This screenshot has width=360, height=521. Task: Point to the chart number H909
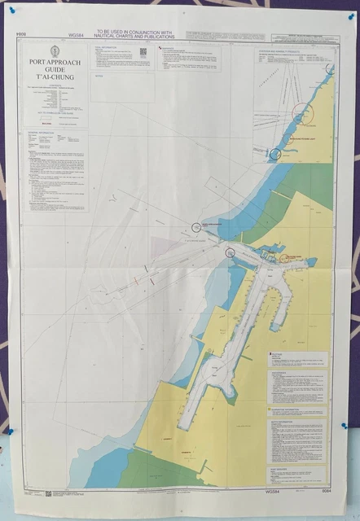click(x=21, y=34)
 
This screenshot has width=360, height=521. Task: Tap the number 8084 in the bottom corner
click(x=325, y=492)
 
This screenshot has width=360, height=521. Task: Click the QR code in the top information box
click(x=143, y=51)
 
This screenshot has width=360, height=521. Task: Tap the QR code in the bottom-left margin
click(x=49, y=493)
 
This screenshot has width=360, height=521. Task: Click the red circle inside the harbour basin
click(x=284, y=258)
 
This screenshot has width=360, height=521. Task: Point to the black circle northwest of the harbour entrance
click(x=195, y=226)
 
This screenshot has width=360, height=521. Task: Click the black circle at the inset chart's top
click(x=328, y=69)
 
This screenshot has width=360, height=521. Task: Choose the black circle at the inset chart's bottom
click(x=275, y=152)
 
